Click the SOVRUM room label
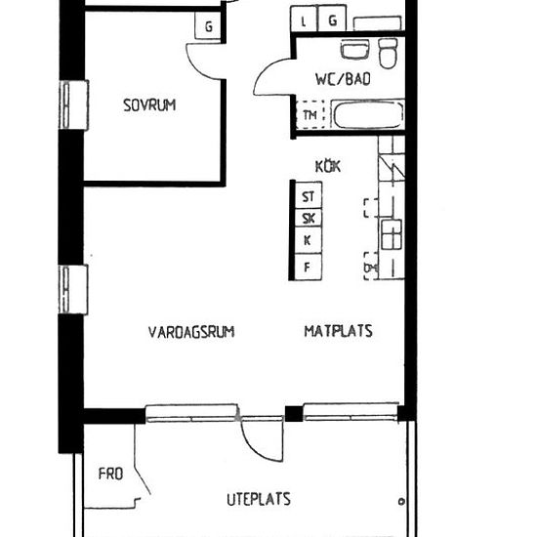(x=149, y=105)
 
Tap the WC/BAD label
(x=343, y=79)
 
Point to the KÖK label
(x=328, y=166)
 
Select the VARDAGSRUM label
(x=191, y=332)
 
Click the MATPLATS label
(x=339, y=331)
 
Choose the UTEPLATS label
(x=259, y=499)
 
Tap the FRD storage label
(x=110, y=474)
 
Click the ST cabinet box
(x=309, y=195)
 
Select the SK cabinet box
(x=309, y=218)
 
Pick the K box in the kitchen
(x=309, y=240)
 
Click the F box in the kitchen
(x=309, y=267)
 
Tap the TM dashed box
(x=310, y=115)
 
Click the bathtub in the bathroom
(x=368, y=114)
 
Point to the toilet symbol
(x=388, y=53)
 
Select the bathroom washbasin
(x=354, y=50)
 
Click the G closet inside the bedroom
(x=208, y=26)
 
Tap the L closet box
(x=304, y=19)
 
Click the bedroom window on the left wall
(x=74, y=104)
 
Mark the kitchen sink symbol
(x=392, y=234)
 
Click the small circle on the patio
(x=401, y=502)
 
